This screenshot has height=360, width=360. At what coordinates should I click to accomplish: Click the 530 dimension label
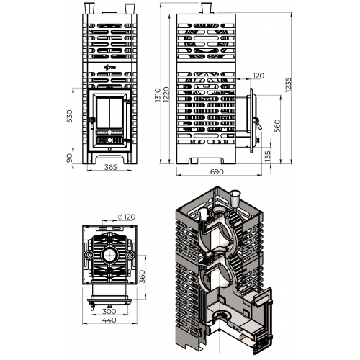click(x=69, y=116)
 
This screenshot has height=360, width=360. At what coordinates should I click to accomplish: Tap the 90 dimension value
click(x=69, y=158)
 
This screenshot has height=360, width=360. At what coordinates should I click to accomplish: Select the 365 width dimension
click(x=111, y=167)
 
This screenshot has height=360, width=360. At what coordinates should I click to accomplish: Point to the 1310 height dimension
click(x=158, y=95)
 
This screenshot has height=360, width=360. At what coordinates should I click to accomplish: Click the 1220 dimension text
click(x=166, y=94)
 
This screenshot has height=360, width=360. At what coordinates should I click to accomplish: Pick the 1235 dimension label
click(x=288, y=84)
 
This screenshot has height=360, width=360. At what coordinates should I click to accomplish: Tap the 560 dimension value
click(x=277, y=126)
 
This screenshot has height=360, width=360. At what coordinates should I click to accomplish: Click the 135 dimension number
click(x=267, y=156)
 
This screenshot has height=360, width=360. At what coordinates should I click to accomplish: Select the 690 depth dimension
click(x=217, y=172)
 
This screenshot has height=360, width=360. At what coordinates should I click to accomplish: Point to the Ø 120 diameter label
click(x=127, y=217)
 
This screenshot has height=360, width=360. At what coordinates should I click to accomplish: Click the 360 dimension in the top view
click(x=143, y=276)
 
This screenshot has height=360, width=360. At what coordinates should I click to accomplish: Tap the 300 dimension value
click(x=109, y=311)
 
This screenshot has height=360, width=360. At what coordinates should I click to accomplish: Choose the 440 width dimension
click(x=109, y=320)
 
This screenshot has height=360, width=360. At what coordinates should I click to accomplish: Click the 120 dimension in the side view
click(x=258, y=76)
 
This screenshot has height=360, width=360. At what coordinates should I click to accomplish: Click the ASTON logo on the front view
click(x=109, y=68)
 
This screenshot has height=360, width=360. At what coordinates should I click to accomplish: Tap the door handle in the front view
click(x=91, y=122)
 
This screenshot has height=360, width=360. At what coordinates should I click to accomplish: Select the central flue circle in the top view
click(x=109, y=255)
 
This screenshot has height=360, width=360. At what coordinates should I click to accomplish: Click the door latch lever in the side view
click(x=257, y=124)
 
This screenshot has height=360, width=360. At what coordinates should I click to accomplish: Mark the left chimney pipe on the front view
click(x=89, y=9)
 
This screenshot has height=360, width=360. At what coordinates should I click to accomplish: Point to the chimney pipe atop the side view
click(x=206, y=9)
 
